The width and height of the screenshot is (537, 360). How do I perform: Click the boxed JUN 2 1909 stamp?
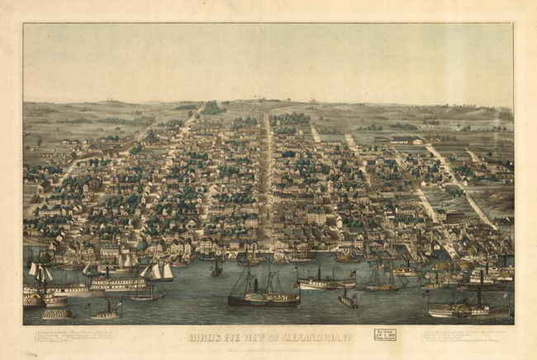(386, 334)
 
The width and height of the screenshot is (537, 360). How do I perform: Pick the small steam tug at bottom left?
(106, 311)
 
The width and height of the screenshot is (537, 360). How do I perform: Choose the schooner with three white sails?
(157, 272)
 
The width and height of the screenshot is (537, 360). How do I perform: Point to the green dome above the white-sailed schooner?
(142, 246)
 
